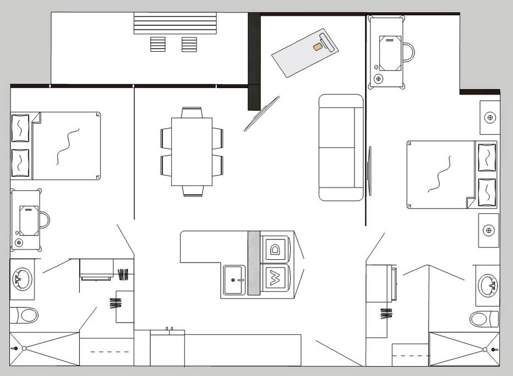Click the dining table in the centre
coord(192,151)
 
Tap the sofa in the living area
coord(341,147)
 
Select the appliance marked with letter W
coord(275,277)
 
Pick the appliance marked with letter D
coord(275,249)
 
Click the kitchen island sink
coord(234,280)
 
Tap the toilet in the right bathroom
coord(484,319)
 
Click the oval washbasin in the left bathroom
coord(22,279)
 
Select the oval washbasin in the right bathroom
coord(488,285)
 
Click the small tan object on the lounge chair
coord(317,47)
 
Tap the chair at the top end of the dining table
coord(192,112)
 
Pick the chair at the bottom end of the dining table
coord(193,191)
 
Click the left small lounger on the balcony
coord(157,44)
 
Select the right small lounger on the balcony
coord(189,44)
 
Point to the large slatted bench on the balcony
coord(175,23)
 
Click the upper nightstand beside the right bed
coord(490,117)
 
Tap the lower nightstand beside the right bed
coord(489,230)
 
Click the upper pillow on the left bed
coord(20,128)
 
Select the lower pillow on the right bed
coord(487,192)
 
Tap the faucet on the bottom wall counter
coord(169,329)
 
